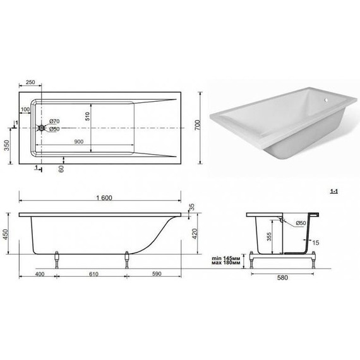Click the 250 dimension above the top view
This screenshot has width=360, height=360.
point(30,83)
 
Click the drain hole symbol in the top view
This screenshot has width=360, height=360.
point(42,129)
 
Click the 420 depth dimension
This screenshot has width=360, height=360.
point(196,234)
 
